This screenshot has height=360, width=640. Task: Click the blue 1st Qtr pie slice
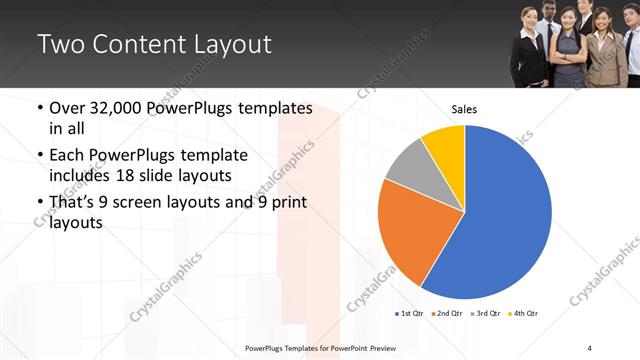(x=500, y=215)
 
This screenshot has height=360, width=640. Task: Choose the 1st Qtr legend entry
(x=410, y=314)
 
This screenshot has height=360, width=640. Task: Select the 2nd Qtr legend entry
(x=446, y=314)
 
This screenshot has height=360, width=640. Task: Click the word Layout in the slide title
(x=232, y=45)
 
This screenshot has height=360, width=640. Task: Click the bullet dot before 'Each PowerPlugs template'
(x=39, y=156)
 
